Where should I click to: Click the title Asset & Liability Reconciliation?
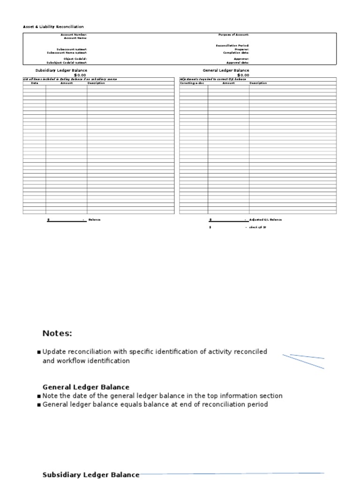(x=53, y=27)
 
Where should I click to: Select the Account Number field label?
(x=74, y=35)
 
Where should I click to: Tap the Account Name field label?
(x=75, y=38)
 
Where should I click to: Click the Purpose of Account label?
(x=233, y=35)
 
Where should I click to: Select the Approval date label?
(x=238, y=62)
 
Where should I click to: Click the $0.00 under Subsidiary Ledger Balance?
(x=80, y=75)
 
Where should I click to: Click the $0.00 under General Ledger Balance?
(x=243, y=75)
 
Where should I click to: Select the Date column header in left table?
(x=34, y=83)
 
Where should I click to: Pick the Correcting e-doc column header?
(x=192, y=83)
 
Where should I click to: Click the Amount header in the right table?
(x=228, y=83)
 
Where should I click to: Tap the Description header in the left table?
(x=97, y=83)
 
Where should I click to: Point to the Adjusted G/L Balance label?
(x=266, y=219)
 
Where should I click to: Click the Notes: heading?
(x=57, y=333)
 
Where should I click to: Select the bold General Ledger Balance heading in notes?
(x=86, y=387)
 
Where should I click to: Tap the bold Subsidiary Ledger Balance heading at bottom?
(x=90, y=475)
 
